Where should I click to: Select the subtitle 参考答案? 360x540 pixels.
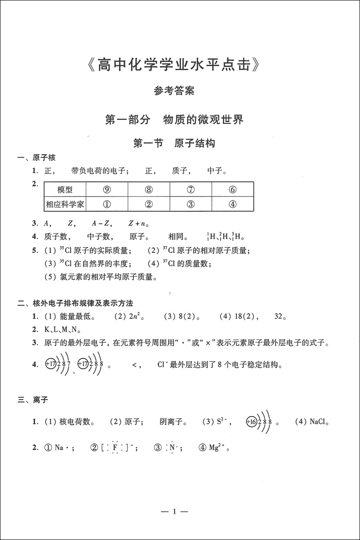pos(174,91)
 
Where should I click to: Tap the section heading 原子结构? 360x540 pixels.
pos(195,144)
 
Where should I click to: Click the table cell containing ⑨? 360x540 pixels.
pos(107,190)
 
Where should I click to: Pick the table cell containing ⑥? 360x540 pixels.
pos(232,190)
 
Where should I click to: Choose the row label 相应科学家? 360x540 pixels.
pos(65,204)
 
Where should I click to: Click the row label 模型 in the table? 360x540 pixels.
pos(65,190)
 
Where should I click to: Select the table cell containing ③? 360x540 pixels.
pos(190,204)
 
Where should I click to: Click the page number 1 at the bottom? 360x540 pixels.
pos(174,512)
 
